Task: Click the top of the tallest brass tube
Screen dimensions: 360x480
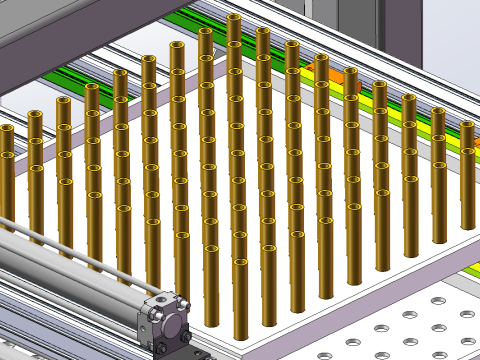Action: pos(234,18)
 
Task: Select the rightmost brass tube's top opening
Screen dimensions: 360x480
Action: pos(467,125)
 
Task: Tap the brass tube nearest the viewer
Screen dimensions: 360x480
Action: pos(240,300)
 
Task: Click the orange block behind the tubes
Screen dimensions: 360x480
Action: pos(318,67)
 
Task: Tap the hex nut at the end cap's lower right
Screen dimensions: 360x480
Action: pos(187,337)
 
